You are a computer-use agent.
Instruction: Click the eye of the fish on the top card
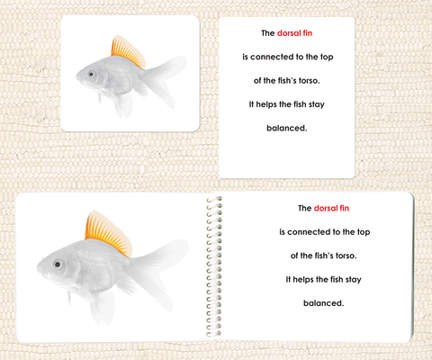[91, 74]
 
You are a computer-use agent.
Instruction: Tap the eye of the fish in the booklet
[58, 265]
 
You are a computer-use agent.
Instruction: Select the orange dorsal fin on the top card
[128, 51]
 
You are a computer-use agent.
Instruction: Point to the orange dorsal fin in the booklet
[108, 233]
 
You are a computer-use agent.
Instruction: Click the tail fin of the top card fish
[164, 79]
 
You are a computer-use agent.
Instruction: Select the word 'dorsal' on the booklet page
[326, 208]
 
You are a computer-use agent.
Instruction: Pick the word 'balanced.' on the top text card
[287, 128]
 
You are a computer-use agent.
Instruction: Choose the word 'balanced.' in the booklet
[324, 303]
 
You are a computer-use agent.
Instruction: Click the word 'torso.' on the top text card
[310, 81]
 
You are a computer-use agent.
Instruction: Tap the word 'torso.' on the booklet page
[346, 256]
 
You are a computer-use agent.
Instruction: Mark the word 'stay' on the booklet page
[353, 280]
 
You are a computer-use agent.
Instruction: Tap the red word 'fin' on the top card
[308, 33]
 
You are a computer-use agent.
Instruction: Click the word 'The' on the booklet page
[304, 208]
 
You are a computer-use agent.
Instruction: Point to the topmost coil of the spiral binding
[214, 199]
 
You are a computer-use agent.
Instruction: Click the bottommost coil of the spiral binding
[214, 333]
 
